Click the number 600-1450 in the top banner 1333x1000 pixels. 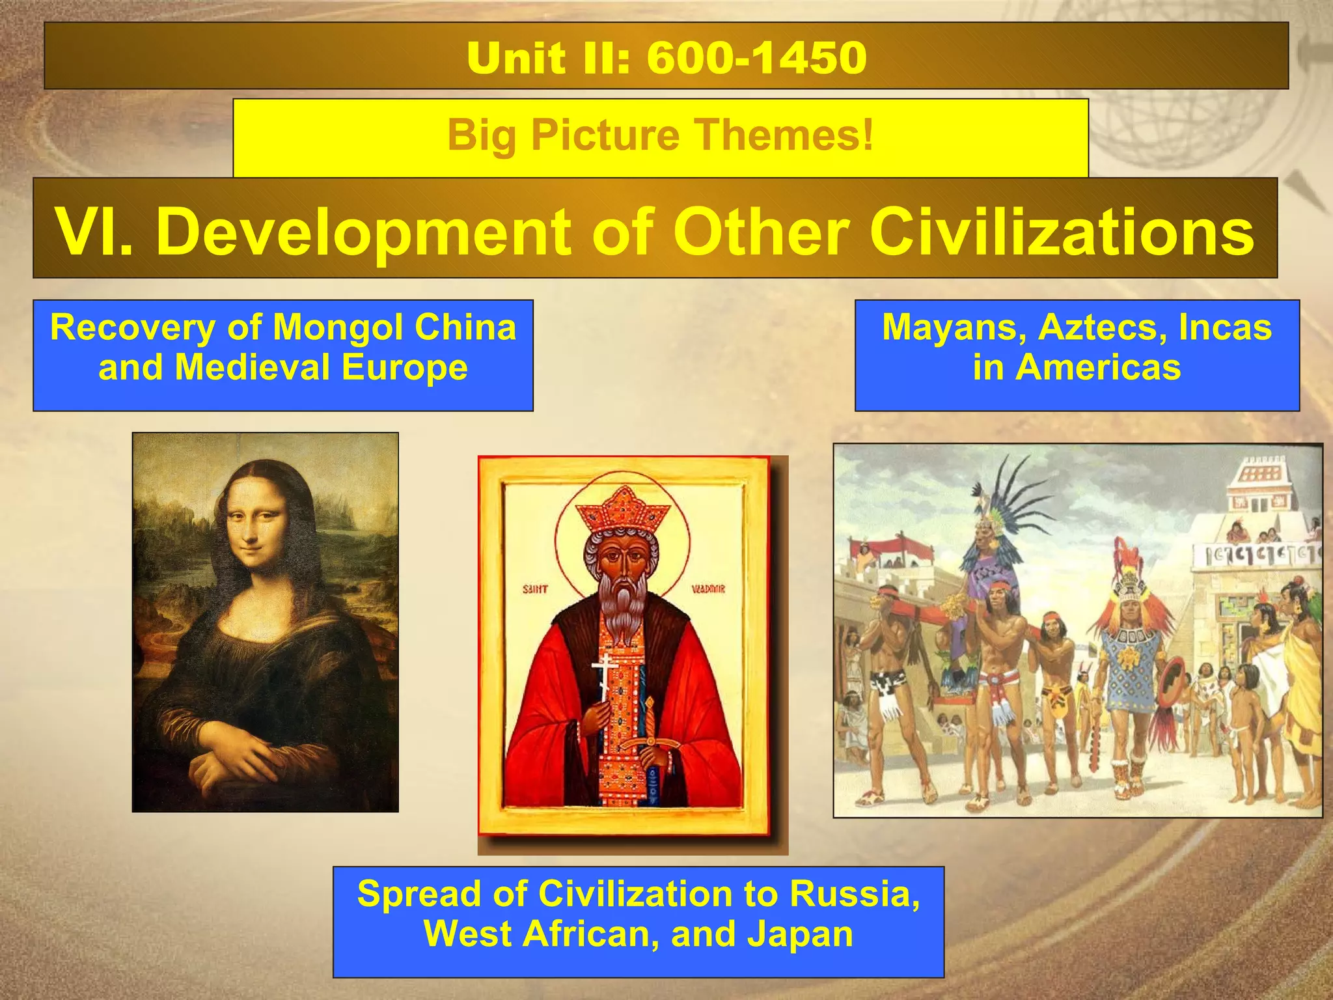(756, 57)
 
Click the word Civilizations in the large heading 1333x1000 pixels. (1062, 231)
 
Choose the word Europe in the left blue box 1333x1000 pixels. (404, 367)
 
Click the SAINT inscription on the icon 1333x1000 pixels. (536, 590)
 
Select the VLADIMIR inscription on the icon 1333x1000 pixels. (708, 590)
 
